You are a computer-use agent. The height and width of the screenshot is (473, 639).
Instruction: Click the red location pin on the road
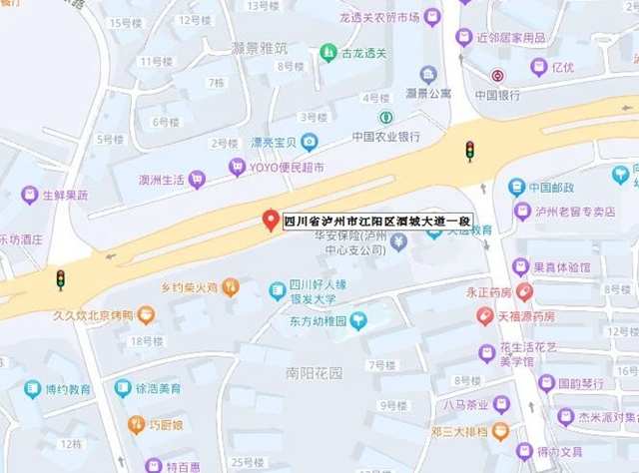269,221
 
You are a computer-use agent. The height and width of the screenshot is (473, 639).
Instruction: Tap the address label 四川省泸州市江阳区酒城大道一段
376,223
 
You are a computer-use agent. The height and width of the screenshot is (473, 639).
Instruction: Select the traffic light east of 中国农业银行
469,151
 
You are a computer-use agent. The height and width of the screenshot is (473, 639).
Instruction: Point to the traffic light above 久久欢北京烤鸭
60,280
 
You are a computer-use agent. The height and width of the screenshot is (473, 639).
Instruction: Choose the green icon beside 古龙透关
327,52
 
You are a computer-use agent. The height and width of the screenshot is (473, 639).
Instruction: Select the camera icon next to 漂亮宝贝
310,142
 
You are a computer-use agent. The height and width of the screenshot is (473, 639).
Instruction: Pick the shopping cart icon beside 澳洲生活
197,180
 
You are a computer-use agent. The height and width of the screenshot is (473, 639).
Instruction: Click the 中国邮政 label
555,187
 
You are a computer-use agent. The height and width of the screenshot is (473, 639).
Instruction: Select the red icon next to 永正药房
525,292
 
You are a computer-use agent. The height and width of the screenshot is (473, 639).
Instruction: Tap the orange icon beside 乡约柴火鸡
231,287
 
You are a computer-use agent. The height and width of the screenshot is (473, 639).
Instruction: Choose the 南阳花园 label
314,373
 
